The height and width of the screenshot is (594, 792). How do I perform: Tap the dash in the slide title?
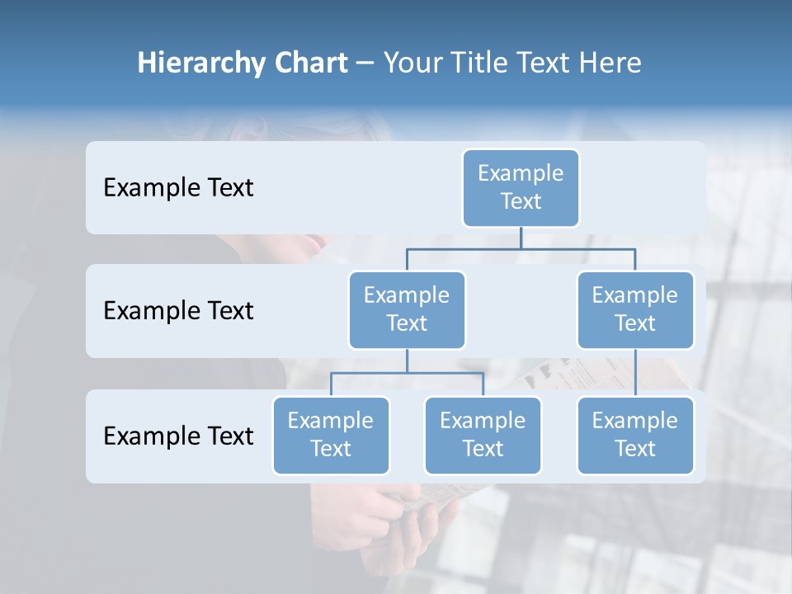(366, 64)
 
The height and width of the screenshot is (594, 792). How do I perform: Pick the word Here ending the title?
(609, 64)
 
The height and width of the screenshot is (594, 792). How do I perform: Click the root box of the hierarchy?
(521, 187)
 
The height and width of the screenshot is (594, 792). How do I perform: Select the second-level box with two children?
(407, 309)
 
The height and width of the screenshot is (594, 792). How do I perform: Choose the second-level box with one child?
(634, 309)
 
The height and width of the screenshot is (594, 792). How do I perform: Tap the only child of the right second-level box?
(634, 435)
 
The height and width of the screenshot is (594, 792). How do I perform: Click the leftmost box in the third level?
(331, 435)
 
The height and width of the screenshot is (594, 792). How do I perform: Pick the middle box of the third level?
(483, 435)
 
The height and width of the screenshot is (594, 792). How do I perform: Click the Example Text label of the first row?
(178, 188)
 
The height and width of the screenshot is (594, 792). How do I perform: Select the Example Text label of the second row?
(178, 311)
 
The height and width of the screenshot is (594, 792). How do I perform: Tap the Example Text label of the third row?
(178, 436)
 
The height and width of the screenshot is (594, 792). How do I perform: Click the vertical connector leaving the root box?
(521, 238)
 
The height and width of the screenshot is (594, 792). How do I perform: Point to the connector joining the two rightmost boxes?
(635, 373)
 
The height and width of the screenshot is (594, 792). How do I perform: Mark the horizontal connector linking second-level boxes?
(521, 247)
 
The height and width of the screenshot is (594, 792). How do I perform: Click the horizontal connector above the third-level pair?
(407, 373)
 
